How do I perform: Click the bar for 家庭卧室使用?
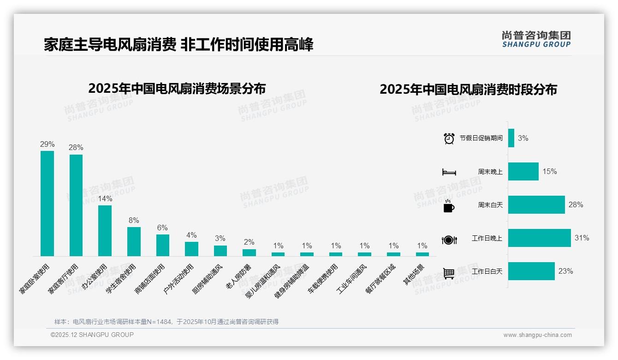(47, 204)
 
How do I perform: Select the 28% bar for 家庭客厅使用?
(76, 205)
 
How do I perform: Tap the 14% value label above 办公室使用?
(105, 199)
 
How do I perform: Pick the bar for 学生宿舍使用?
(134, 241)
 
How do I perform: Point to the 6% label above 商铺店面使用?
(162, 228)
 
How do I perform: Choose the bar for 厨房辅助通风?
(220, 251)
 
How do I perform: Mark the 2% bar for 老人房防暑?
(249, 252)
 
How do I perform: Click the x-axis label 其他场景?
(414, 275)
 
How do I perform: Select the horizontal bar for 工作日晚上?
(539, 238)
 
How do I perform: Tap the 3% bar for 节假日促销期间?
(511, 138)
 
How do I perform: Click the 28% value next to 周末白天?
(576, 204)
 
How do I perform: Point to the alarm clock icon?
(449, 138)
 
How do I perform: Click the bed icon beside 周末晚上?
(449, 172)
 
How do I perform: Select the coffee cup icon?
(449, 206)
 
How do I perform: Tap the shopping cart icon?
(449, 273)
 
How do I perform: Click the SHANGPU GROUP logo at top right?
(536, 39)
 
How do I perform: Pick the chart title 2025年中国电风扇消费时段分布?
(468, 90)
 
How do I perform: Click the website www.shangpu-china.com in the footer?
(537, 335)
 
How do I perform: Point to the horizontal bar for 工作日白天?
(531, 271)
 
